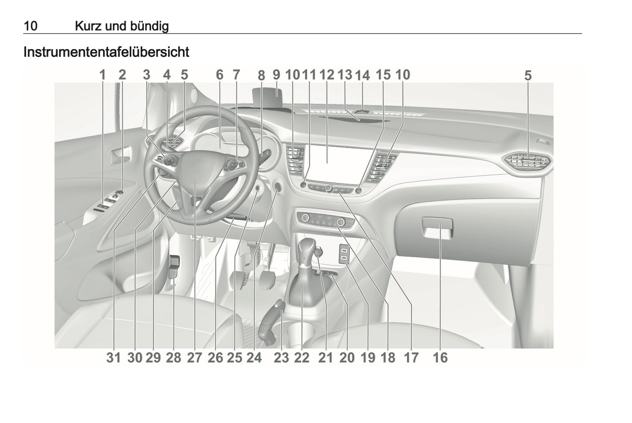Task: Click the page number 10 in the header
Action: click(x=30, y=26)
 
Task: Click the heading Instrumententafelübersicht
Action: click(x=106, y=52)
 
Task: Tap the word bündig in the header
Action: click(x=150, y=26)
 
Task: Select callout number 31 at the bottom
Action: click(x=113, y=357)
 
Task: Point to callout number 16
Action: click(x=440, y=357)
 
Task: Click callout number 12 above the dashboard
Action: click(x=327, y=75)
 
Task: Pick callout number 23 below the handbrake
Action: click(x=281, y=357)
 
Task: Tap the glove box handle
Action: click(x=437, y=225)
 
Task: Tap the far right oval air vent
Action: click(x=527, y=162)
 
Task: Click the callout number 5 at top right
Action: click(x=528, y=76)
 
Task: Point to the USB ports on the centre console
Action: click(x=344, y=254)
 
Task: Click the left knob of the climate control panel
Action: click(x=305, y=217)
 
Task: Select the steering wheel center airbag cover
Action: click(x=195, y=181)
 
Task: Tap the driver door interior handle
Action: click(x=121, y=155)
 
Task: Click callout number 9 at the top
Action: click(x=276, y=75)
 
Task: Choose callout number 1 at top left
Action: click(x=102, y=75)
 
